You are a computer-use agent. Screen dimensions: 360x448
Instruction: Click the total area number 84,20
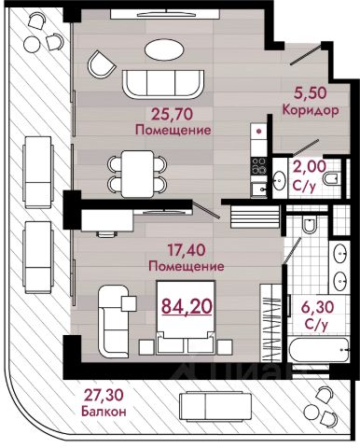coord(187,306)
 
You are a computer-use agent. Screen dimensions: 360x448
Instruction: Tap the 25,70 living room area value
coord(172,115)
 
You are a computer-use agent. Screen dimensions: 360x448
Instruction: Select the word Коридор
coord(311,110)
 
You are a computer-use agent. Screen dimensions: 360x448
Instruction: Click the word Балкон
coord(104,412)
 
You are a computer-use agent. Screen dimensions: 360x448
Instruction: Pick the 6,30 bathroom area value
coord(313,307)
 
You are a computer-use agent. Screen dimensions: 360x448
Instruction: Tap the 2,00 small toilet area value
coord(310,167)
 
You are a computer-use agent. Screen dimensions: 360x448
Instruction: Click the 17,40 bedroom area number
coord(187,250)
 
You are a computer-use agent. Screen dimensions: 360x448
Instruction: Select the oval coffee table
coord(164,49)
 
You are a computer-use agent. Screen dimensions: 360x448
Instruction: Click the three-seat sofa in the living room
coord(163,84)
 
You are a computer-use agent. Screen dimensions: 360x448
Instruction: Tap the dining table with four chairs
coord(137,174)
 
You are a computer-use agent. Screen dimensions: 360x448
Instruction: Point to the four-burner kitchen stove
coord(258,166)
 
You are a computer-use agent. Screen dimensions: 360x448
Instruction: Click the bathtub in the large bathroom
coord(319,350)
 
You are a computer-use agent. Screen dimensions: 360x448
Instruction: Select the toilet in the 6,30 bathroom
coord(310,225)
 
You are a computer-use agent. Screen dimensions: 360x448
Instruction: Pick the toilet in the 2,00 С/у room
coord(331,178)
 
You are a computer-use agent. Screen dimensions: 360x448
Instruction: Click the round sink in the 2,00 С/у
coord(280,180)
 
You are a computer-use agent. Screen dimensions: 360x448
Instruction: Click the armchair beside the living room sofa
coord(102,64)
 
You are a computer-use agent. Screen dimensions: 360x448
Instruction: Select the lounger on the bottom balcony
coord(215,407)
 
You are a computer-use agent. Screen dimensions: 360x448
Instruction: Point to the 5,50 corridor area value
coord(310,93)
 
